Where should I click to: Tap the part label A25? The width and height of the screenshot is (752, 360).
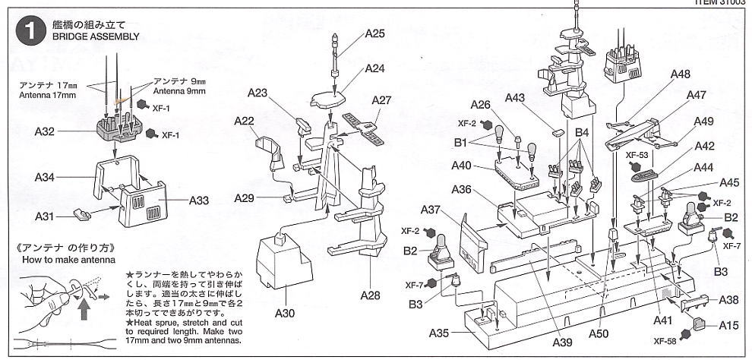click(x=374, y=33)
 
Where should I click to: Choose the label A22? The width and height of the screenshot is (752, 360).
click(x=244, y=121)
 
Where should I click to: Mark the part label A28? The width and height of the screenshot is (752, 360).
click(x=370, y=295)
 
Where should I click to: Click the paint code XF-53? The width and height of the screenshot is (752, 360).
click(x=637, y=153)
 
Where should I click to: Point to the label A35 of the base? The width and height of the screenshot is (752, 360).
click(x=440, y=333)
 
